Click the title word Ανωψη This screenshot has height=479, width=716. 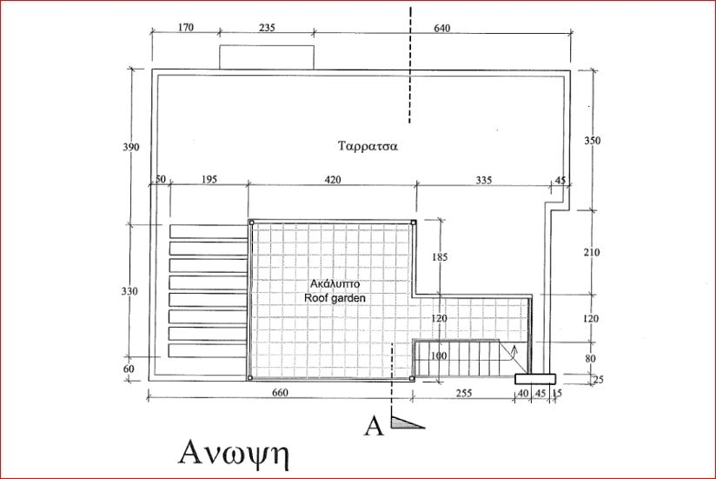coord(233,454)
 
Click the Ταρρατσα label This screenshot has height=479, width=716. coord(368,146)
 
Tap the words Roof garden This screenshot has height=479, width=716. coord(335,297)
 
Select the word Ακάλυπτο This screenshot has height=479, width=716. coord(335,283)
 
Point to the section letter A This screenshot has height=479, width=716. coord(375,425)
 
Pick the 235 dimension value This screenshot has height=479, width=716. coord(267,28)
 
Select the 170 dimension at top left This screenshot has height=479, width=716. coord(185,28)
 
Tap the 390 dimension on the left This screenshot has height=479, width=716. coord(131,147)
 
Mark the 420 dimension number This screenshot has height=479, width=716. coord(332,180)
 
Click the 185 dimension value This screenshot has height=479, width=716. coord(440,257)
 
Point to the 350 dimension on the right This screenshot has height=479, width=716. coord(592,140)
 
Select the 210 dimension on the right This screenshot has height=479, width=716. coord(592,253)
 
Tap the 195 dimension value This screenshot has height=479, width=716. coord(209,180)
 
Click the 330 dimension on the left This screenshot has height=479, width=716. coord(131,290)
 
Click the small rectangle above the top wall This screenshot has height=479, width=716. coord(266,57)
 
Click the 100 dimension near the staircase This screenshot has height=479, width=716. coord(439,356)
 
